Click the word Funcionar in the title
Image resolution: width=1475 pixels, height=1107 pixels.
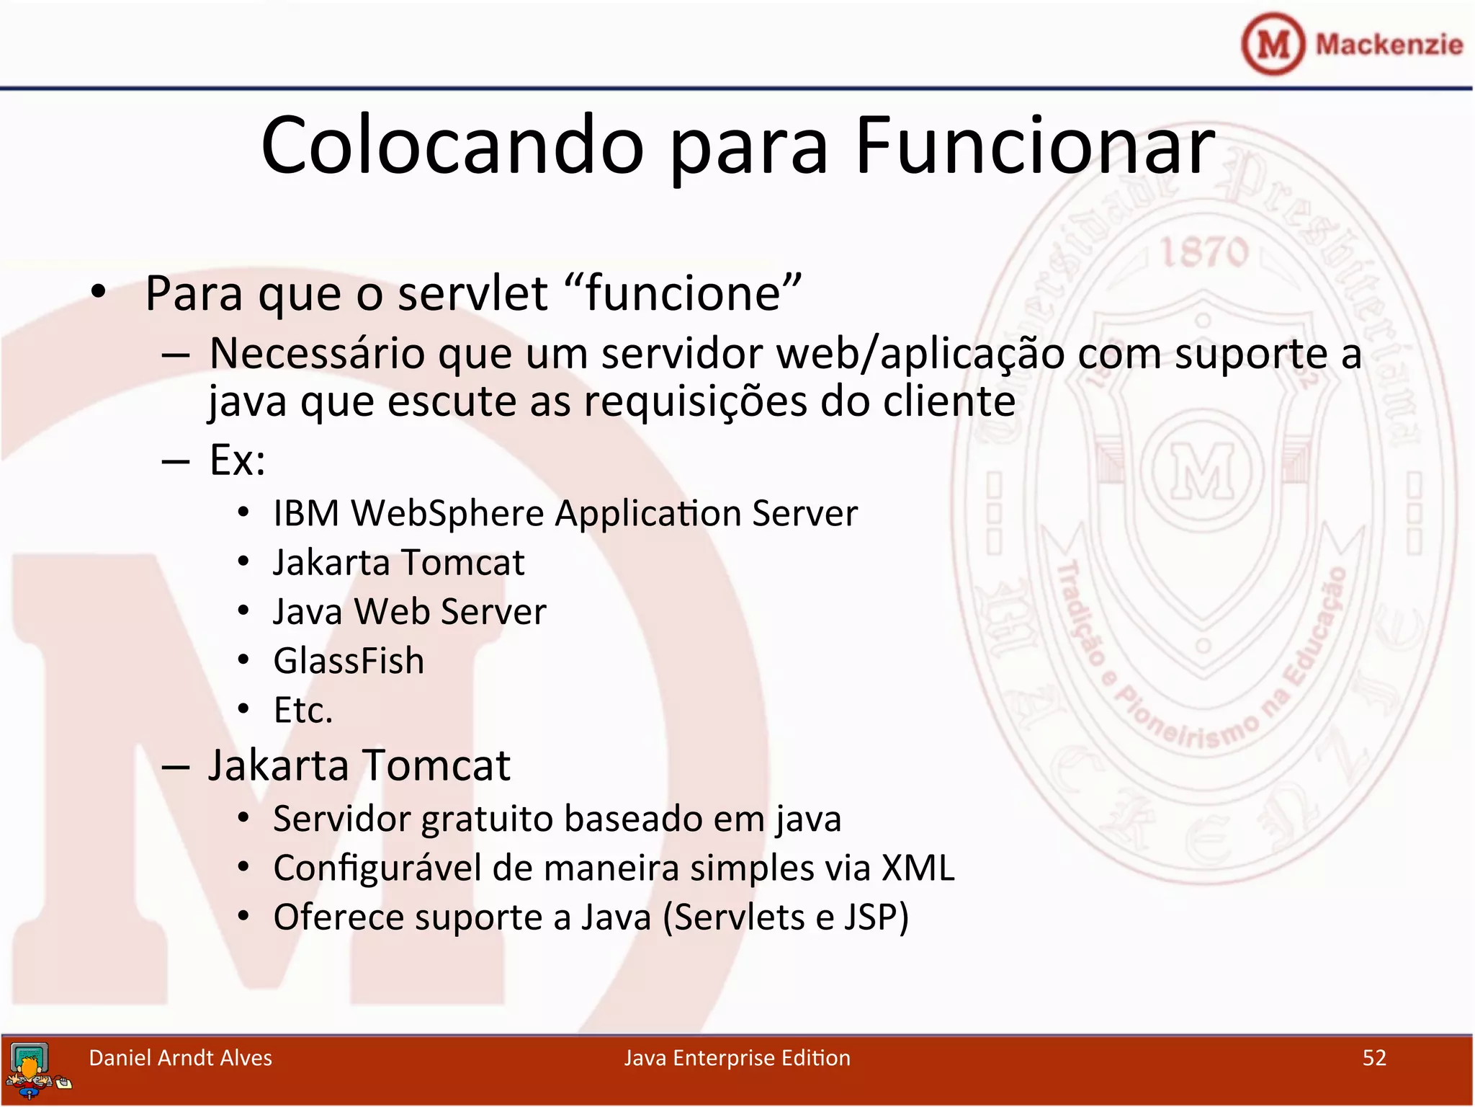click(x=1034, y=146)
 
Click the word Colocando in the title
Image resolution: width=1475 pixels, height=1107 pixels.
click(x=452, y=146)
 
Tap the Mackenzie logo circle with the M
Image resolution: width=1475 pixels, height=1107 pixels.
click(x=1273, y=44)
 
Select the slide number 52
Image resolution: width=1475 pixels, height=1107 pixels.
click(x=1374, y=1057)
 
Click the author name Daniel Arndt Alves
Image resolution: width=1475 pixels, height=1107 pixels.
click(x=180, y=1057)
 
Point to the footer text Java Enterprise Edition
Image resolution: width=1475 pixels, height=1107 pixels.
click(x=737, y=1057)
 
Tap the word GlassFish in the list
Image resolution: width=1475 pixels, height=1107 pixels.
click(x=349, y=661)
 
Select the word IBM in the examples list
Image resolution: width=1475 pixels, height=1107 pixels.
click(x=306, y=514)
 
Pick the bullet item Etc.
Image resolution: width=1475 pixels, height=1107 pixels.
click(x=303, y=711)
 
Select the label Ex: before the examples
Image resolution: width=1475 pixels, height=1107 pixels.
click(x=237, y=459)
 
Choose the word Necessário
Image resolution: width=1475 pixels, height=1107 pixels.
click(x=317, y=354)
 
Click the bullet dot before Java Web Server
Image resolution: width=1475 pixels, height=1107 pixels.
click(x=243, y=611)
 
